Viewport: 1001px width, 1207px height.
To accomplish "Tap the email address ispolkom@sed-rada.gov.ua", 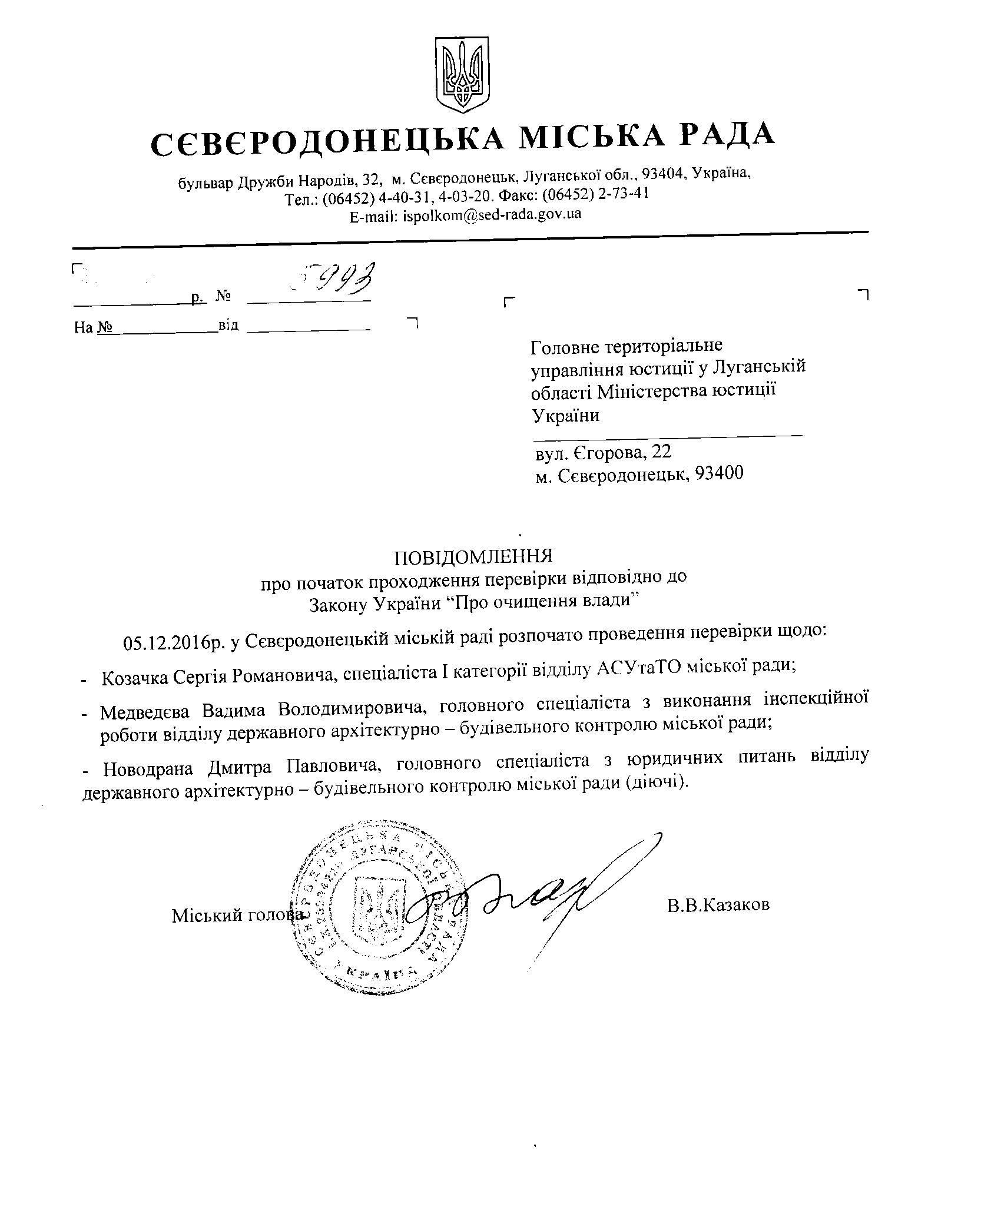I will coord(492,214).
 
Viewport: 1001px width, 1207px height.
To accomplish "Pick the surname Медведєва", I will coord(148,711).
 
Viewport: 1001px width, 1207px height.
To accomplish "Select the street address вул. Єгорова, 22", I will coord(603,452).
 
